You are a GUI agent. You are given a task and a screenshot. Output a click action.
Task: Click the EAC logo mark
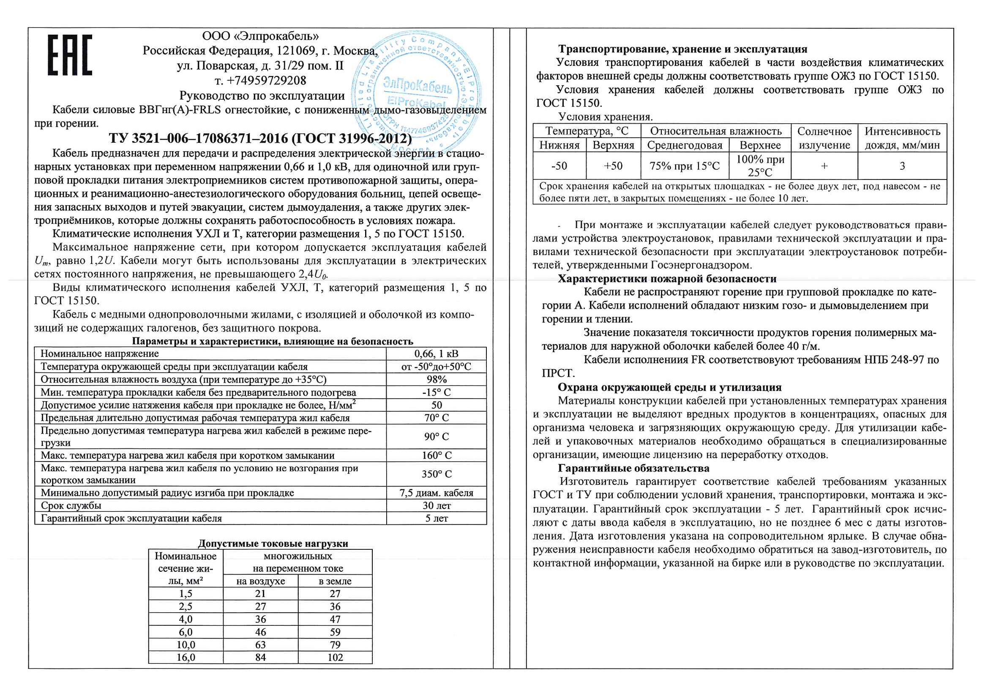[x=70, y=55]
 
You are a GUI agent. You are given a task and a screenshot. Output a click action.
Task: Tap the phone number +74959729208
[x=260, y=80]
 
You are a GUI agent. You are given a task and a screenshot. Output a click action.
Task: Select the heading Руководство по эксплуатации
[x=262, y=95]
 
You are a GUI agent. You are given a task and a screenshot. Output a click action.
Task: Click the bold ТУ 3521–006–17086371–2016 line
[x=260, y=139]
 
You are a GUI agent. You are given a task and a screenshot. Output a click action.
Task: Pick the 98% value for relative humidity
[x=437, y=379]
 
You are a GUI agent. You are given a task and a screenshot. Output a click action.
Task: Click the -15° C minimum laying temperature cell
[x=437, y=392]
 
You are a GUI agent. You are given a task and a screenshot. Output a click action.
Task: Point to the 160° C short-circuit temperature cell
[x=437, y=455]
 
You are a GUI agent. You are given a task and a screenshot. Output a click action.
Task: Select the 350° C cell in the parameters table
[x=437, y=474]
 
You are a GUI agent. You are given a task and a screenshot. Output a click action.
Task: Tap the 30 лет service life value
[x=437, y=505]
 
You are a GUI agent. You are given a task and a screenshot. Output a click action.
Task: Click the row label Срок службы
[x=71, y=505]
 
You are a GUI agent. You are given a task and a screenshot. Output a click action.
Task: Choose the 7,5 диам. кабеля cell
[x=437, y=493]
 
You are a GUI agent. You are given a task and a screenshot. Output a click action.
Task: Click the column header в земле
[x=335, y=581]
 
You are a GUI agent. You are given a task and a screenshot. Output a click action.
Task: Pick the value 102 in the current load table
[x=335, y=657]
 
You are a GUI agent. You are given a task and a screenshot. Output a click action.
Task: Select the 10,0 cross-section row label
[x=186, y=645]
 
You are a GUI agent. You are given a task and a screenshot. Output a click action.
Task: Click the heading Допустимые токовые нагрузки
[x=273, y=543]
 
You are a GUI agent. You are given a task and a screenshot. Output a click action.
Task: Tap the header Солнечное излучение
[x=824, y=138]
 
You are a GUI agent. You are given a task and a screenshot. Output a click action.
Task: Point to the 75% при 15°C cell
[x=684, y=166]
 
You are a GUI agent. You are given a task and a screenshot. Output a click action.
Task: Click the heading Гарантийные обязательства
[x=633, y=468]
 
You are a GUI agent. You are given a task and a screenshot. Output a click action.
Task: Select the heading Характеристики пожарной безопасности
[x=667, y=279]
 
